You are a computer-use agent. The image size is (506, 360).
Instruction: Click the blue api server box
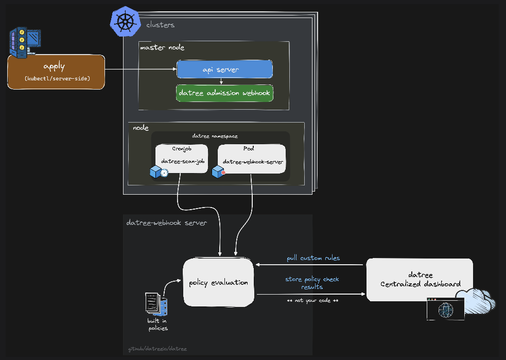click(224, 69)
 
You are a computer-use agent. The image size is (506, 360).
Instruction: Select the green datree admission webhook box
click(224, 93)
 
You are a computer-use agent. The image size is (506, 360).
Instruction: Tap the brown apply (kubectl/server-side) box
click(56, 72)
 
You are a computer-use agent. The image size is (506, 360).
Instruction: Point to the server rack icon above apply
click(25, 43)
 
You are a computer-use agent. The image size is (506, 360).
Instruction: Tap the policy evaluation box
click(219, 282)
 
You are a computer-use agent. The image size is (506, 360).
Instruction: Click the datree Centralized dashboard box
click(420, 280)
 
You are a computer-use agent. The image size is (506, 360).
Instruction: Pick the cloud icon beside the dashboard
click(476, 301)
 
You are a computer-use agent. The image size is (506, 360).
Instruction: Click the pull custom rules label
click(313, 258)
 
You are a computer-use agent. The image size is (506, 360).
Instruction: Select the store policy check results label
click(312, 283)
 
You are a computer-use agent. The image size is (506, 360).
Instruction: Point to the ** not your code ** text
click(312, 300)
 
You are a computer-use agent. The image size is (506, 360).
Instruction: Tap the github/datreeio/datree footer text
click(158, 349)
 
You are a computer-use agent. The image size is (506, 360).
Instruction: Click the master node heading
click(162, 47)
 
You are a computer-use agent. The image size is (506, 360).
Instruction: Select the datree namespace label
click(215, 136)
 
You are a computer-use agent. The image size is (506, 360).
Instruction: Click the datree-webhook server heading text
click(166, 223)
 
